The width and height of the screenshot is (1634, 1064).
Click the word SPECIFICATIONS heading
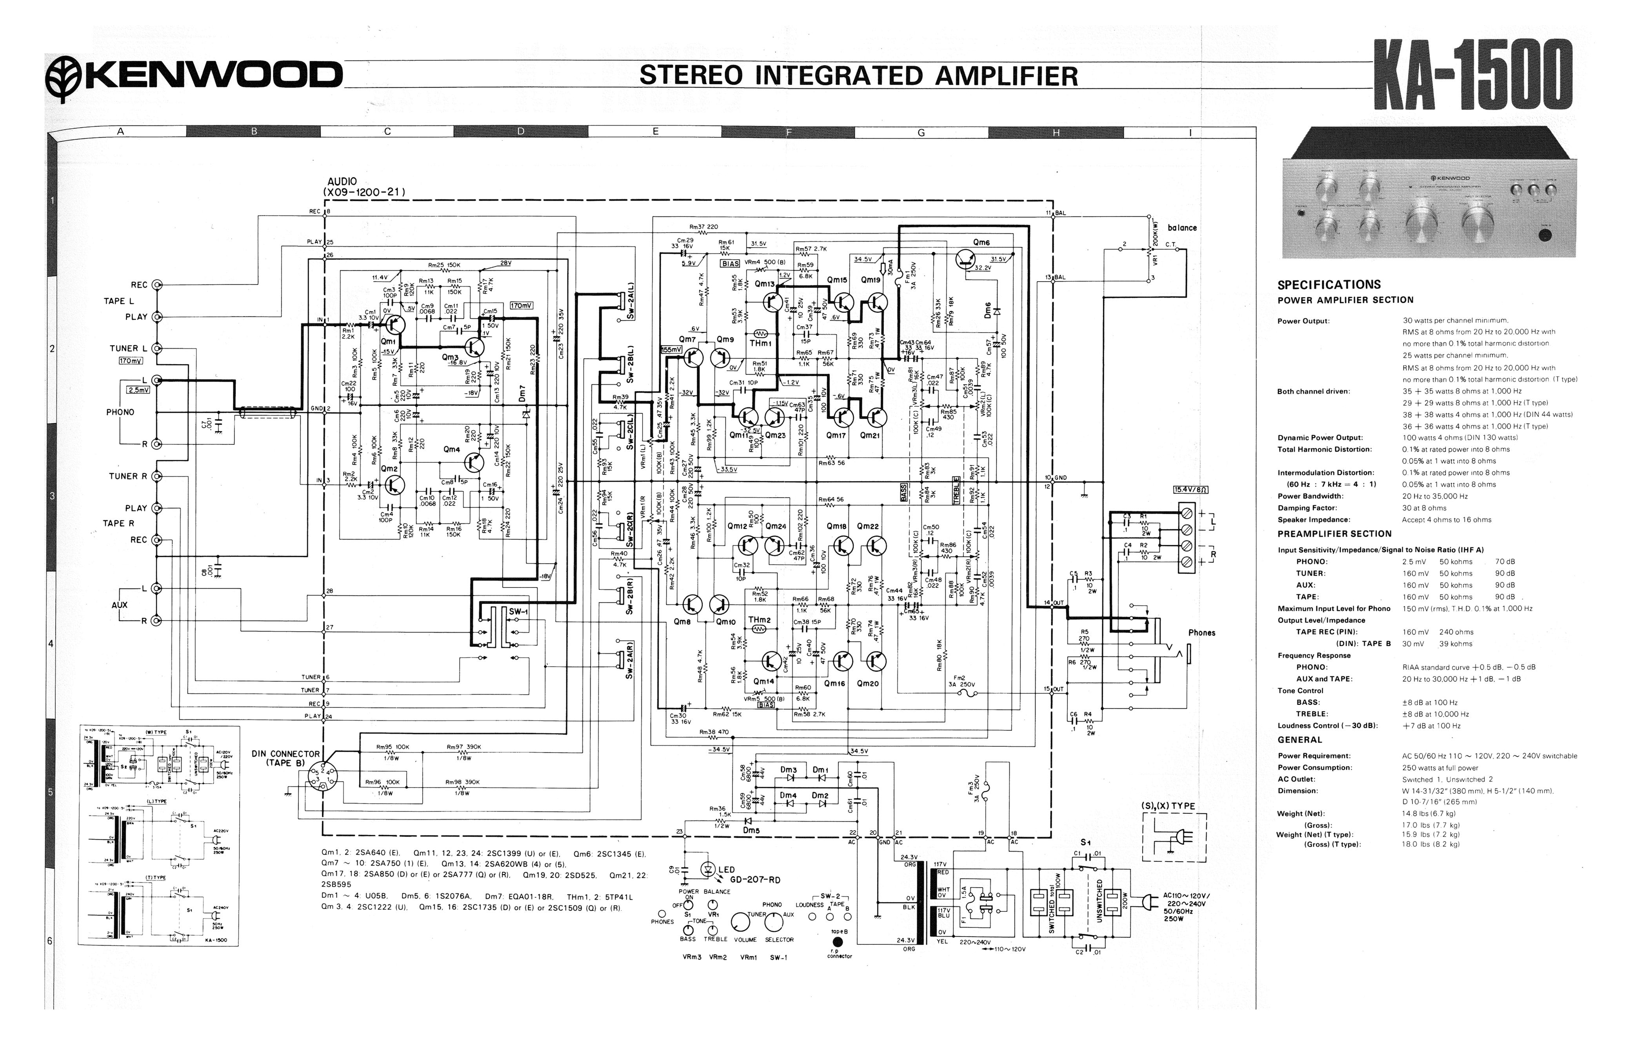[x=1329, y=285]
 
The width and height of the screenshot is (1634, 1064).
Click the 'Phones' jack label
[x=1201, y=633]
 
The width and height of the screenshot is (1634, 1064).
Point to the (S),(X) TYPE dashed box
[x=1174, y=837]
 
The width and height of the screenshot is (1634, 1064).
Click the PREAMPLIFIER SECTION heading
[x=1334, y=533]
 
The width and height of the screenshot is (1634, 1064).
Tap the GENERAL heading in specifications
[x=1299, y=739]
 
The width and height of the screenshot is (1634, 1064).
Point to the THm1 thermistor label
[x=760, y=343]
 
